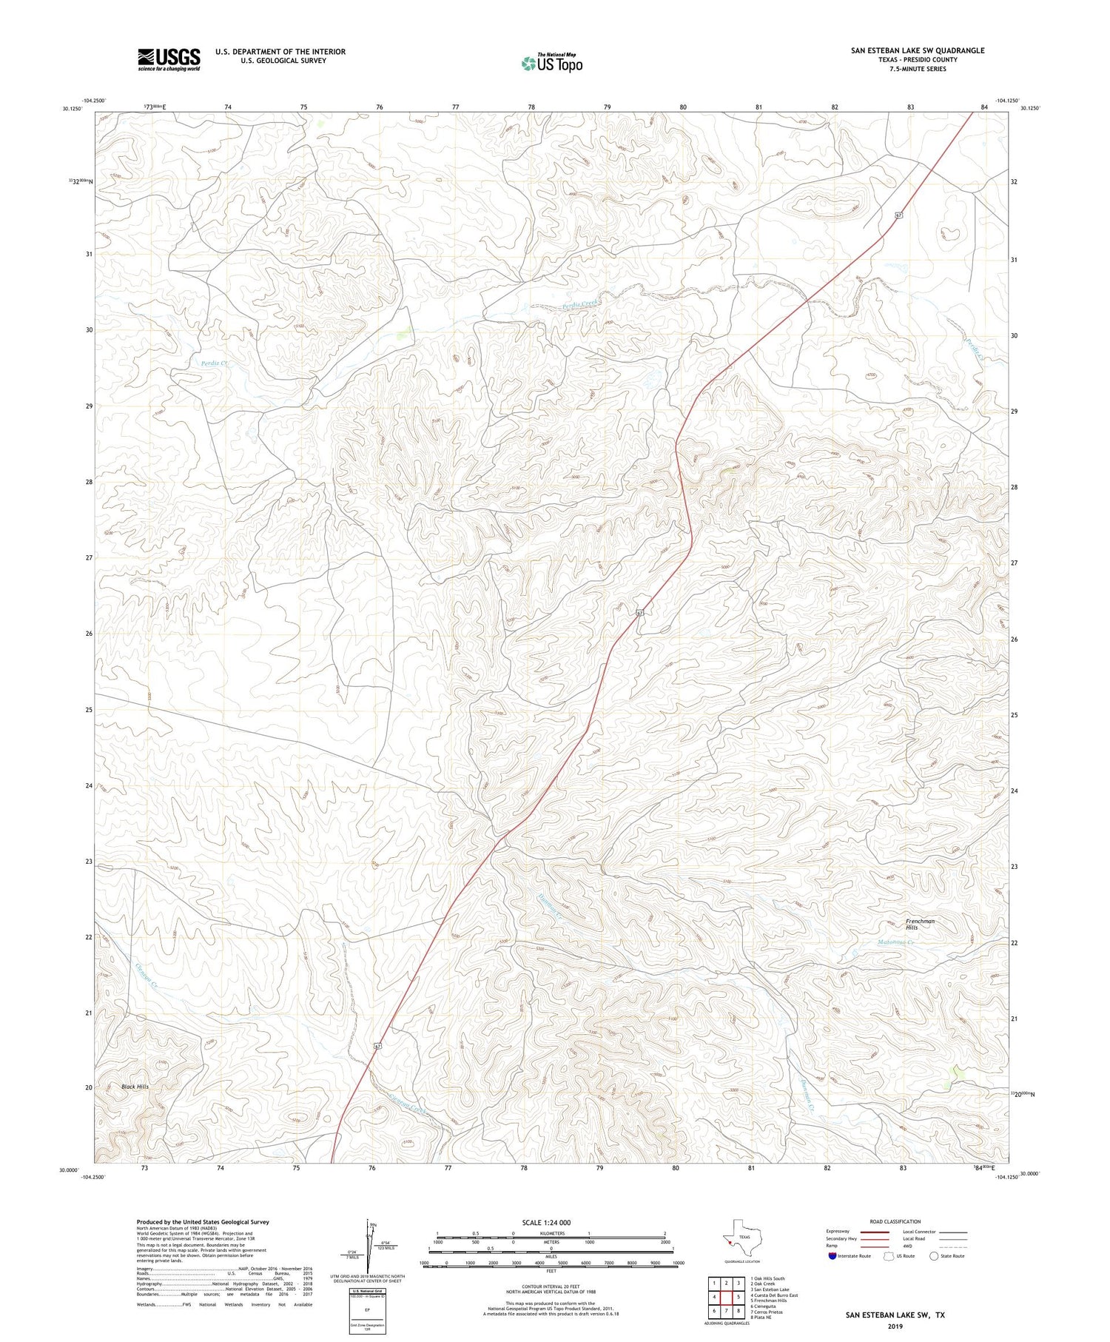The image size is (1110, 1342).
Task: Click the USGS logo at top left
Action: pos(169,59)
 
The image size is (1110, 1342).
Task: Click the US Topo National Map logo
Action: pos(551,63)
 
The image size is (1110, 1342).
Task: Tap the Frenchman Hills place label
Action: pos(920,924)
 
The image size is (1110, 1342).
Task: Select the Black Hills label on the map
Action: pos(135,1087)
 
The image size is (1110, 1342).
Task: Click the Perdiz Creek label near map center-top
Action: pos(580,303)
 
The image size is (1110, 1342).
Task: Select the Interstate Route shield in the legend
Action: pos(832,1256)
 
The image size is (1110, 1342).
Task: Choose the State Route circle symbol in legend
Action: pos(934,1256)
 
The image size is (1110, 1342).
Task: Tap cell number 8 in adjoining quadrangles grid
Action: pos(738,1311)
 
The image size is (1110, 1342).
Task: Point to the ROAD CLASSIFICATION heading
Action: pos(895,1221)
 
